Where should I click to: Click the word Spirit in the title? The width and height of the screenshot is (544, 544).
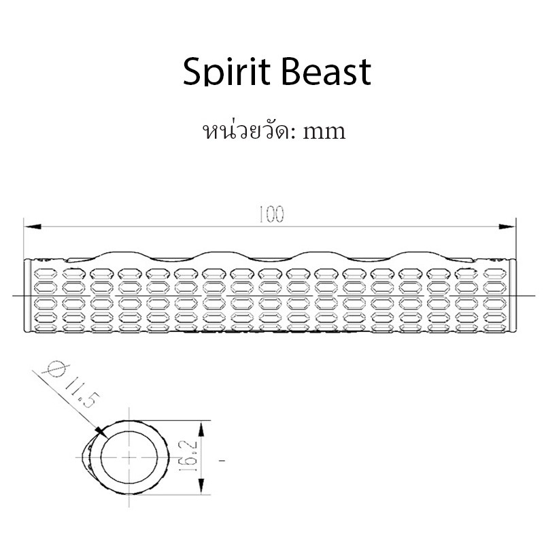point(226,72)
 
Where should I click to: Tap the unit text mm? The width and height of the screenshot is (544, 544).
point(324,132)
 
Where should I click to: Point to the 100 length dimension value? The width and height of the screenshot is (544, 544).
point(271,214)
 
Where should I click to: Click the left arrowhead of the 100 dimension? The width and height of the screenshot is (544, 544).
point(33,226)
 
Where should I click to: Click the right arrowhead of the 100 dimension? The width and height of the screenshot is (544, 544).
point(507,226)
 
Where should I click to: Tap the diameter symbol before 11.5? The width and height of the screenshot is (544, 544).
point(56,369)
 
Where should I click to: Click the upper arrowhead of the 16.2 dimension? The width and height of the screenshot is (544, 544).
point(201,429)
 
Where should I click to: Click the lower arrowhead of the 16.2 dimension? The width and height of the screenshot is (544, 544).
point(201,486)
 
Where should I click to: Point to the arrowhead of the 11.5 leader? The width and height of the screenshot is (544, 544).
point(101,432)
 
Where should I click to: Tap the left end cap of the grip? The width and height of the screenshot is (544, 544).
point(27,296)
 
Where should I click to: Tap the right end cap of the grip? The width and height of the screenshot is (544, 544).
point(513,296)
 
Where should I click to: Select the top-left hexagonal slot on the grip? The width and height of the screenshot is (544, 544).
point(46,274)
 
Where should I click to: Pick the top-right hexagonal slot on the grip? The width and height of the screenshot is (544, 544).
point(495,274)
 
